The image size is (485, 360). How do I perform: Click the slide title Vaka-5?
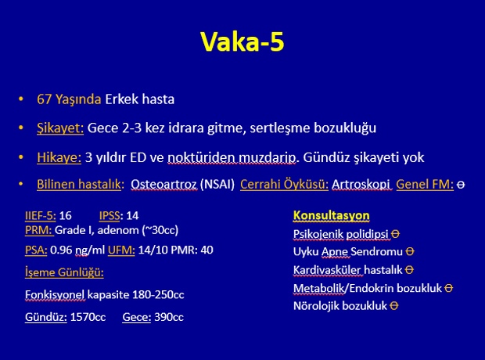[242, 41]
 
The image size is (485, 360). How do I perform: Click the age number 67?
[44, 99]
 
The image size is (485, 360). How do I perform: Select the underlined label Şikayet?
[60, 128]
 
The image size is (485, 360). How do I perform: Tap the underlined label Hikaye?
[59, 157]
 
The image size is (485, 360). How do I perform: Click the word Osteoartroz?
[163, 185]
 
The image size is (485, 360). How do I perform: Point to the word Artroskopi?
[361, 185]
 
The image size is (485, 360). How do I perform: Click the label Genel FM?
[424, 184]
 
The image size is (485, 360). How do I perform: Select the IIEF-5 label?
[40, 215]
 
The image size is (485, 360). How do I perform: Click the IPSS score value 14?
[132, 215]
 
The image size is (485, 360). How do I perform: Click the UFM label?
[121, 250]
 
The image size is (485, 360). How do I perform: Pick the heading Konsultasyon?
[331, 215]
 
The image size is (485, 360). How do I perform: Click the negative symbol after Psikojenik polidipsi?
[395, 234]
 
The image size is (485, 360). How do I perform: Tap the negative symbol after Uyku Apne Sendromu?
[410, 251]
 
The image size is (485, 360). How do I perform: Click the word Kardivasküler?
[327, 270]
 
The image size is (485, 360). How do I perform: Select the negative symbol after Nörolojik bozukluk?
[394, 306]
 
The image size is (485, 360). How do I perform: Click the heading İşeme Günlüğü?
[64, 272]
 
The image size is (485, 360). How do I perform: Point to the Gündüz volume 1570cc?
[88, 317]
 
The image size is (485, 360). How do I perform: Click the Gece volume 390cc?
[169, 317]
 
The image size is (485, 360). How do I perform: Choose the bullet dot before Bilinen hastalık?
[20, 184]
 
